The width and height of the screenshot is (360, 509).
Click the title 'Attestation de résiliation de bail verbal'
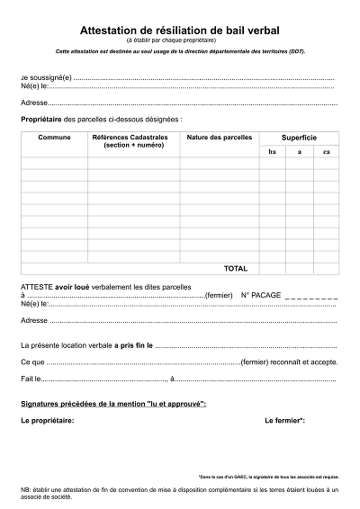[x=180, y=30]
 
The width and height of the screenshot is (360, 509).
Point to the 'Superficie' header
[x=299, y=137]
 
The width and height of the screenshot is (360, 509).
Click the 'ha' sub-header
[x=272, y=151]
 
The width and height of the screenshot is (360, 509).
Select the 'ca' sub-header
[x=326, y=151]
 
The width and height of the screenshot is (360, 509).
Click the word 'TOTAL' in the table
[x=235, y=268]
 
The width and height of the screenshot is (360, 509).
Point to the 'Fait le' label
[x=31, y=378]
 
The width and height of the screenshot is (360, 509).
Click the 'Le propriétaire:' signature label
[x=47, y=420]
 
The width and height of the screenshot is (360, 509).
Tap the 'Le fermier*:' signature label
[x=284, y=420]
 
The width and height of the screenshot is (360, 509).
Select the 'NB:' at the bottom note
[x=26, y=489]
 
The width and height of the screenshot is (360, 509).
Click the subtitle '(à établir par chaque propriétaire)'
[x=180, y=40]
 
